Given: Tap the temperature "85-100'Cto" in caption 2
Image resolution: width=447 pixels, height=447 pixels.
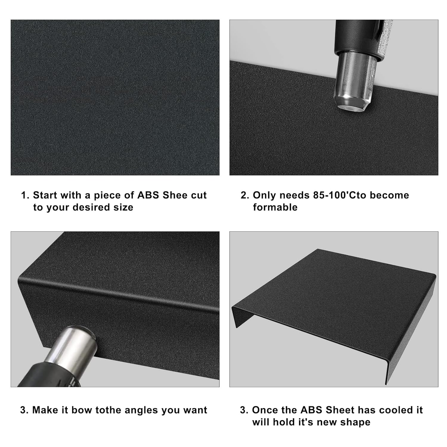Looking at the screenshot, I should click(x=339, y=195).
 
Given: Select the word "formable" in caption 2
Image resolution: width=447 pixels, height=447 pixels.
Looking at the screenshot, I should click(x=275, y=207).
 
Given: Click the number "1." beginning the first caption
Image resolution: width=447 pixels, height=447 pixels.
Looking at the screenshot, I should click(x=25, y=195).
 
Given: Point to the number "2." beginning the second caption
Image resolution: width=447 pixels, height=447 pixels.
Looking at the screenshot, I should click(x=245, y=195).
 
